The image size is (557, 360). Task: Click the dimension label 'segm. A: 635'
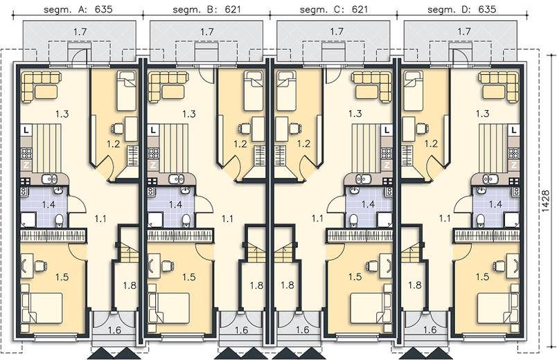coord(78,9)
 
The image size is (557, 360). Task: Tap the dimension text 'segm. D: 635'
coord(461,9)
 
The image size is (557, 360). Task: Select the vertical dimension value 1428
coord(546,201)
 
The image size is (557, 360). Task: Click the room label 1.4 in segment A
coord(48,204)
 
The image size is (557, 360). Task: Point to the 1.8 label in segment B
coord(256,285)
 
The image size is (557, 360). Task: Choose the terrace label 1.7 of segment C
coord(337,32)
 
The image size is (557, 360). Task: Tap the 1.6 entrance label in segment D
coord(430,330)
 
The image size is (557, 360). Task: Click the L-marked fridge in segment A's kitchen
coord(26,131)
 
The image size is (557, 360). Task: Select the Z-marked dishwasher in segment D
coord(514,165)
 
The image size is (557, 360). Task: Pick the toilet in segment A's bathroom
coord(59,219)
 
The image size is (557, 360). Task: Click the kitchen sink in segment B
coord(175,179)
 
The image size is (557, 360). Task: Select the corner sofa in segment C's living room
coord(371,86)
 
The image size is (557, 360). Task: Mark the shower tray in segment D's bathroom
coord(512,219)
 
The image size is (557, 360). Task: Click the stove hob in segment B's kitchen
coord(153,154)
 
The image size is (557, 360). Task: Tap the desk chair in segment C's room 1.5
coord(372,265)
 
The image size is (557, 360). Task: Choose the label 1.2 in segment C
coord(303,144)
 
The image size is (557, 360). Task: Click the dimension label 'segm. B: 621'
coord(206,9)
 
